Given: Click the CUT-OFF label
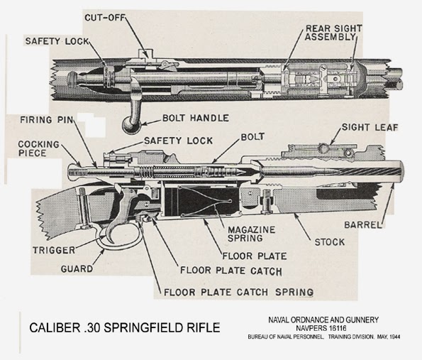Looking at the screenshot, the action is pos(105,18).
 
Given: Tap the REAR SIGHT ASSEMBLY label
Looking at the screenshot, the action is pos(334,33).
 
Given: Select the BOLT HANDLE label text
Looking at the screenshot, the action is pos(196,118).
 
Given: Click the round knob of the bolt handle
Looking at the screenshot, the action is pos(131,125).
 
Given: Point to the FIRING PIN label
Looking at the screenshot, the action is pos(47,119).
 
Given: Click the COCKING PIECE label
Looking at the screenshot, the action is pos(38,148).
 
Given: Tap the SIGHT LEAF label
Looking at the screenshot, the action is pos(370,127).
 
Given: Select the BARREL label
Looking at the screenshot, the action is pos(363,224).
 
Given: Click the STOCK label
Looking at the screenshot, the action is pos(330,242).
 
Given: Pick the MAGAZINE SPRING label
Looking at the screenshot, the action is pos(251,234).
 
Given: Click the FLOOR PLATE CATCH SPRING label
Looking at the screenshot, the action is pos(239,292).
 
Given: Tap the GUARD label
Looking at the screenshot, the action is pos(77,268).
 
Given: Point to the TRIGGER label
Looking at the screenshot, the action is pos(54,251).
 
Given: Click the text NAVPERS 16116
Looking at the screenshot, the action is pos(321,328).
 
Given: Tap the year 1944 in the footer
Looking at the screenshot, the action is pos(394,337).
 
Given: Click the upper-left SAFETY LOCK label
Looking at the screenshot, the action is pos(57,41).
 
